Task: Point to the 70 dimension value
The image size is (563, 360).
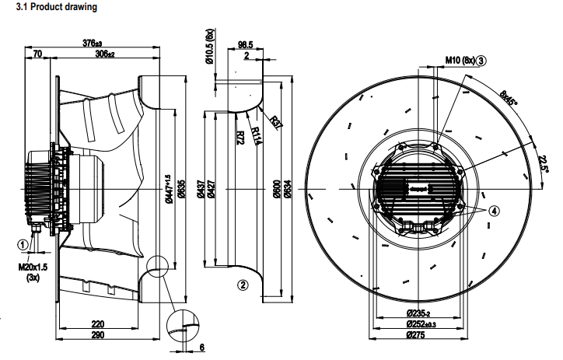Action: (38, 54)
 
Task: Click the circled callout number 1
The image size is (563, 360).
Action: (23, 244)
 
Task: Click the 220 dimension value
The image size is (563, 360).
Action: (98, 323)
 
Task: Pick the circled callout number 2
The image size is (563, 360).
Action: (243, 285)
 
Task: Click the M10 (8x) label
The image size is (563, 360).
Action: (460, 60)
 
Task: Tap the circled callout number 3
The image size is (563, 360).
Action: (482, 60)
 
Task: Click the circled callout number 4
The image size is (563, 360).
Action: (495, 208)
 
